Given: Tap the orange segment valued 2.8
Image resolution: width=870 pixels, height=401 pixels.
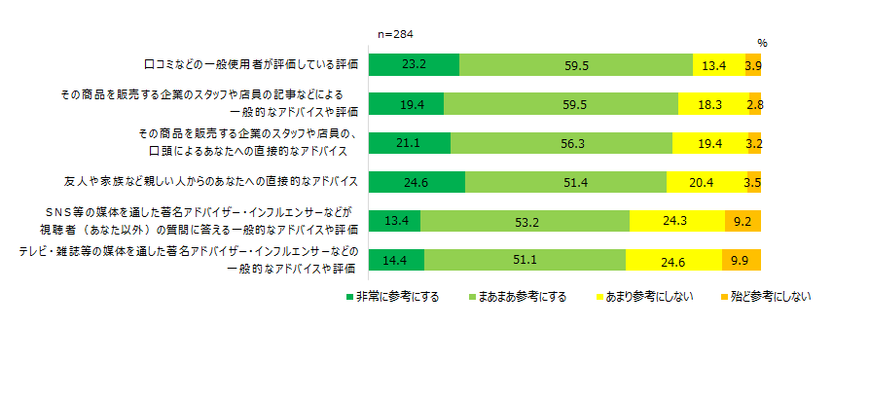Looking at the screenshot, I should (x=755, y=104).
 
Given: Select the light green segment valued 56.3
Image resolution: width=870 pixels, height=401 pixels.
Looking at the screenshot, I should (x=562, y=143).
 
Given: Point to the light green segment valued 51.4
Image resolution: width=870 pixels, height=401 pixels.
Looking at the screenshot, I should (x=565, y=182).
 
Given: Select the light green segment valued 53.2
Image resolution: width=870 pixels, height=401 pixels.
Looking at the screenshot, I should (x=525, y=221).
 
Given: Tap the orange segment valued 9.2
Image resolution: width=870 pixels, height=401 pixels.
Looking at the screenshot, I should (x=743, y=221).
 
